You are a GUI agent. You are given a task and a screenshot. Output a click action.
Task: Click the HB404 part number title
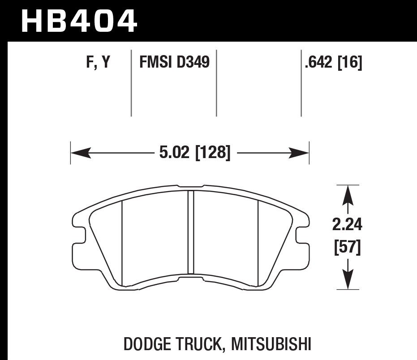pos(79,20)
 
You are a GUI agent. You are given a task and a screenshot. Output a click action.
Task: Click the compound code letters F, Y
pos(98,63)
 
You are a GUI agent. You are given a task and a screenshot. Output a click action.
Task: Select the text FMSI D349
pos(174,62)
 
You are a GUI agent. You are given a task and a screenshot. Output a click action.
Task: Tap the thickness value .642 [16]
pos(332,63)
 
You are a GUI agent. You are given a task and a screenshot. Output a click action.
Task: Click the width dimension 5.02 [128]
pos(194,154)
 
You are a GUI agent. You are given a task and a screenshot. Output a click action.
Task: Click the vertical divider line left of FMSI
pos(131,83)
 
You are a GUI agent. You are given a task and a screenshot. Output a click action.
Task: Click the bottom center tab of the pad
pos(191,279)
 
